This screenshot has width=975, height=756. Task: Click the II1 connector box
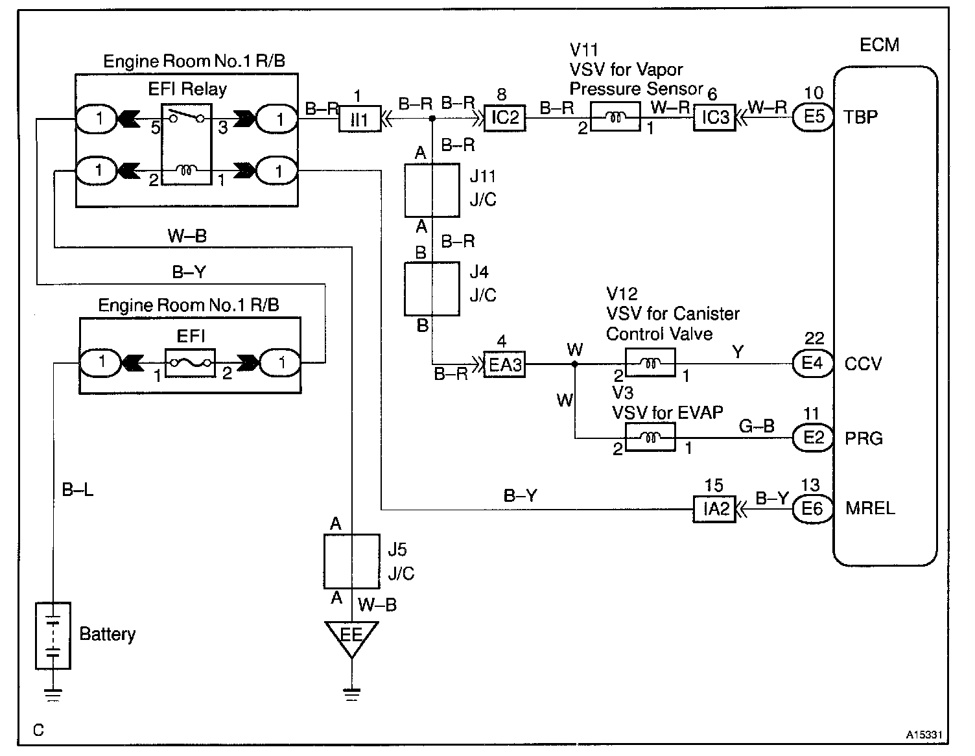pos(360,119)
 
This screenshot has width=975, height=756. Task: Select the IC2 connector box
pos(505,118)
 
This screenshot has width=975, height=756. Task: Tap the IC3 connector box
pos(715,117)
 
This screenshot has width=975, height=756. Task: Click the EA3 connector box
pos(505,364)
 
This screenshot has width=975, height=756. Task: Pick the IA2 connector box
pos(715,509)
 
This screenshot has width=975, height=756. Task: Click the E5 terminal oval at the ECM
pos(813,117)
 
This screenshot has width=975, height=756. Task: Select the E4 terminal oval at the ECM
pos(813,363)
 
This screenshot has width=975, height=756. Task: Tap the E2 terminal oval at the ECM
pos(813,438)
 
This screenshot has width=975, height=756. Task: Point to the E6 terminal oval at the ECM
pos(813,509)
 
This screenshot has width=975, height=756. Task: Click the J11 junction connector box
pos(432,190)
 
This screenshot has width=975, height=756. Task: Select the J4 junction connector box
pos(432,289)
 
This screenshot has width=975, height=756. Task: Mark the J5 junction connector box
pos(352,561)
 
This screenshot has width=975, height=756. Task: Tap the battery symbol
pos(53,636)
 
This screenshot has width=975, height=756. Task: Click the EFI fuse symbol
pos(190,363)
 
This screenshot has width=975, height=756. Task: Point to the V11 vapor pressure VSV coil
pos(616,117)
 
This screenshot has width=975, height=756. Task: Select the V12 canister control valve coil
pos(650,363)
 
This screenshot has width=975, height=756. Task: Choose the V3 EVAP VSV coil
pos(650,438)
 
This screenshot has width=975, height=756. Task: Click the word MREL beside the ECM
pos(870,508)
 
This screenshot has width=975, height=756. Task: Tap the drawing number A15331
pos(923,735)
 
